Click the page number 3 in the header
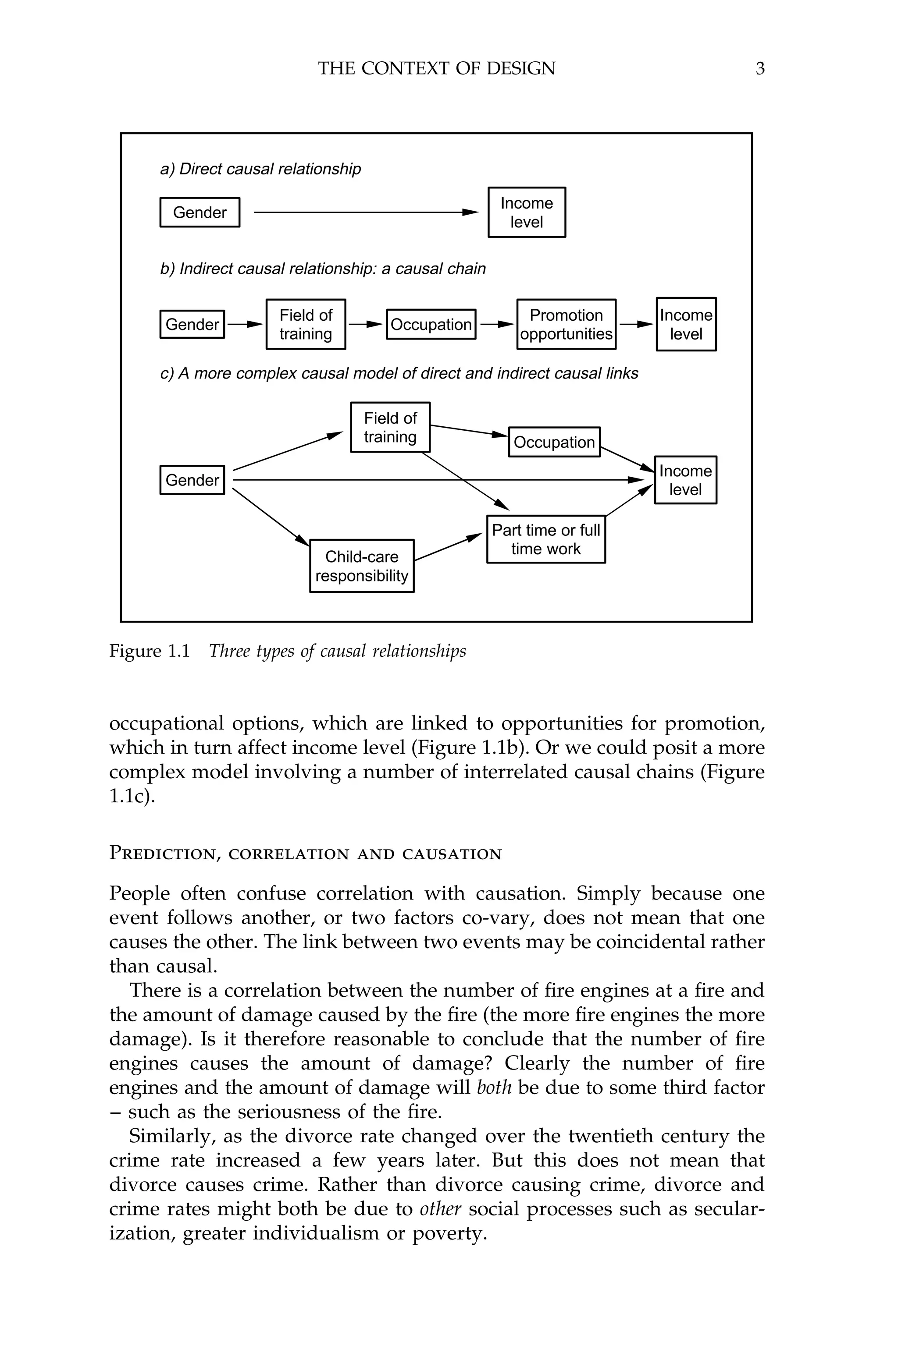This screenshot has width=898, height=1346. (760, 69)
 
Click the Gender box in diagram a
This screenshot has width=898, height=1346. (200, 213)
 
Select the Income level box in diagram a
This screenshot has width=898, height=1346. (526, 213)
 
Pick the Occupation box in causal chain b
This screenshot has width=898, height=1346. (431, 325)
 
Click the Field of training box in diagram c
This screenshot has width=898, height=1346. (390, 428)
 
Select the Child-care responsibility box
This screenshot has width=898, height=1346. (361, 566)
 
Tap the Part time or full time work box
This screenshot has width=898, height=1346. (546, 539)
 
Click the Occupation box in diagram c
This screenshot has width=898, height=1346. (554, 443)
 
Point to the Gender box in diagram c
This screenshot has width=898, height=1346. (192, 480)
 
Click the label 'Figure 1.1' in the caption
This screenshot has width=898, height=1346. (150, 651)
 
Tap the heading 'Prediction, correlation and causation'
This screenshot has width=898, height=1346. (305, 854)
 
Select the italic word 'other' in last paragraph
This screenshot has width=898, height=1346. (440, 1209)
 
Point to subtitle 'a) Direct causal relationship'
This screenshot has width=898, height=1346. (260, 170)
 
